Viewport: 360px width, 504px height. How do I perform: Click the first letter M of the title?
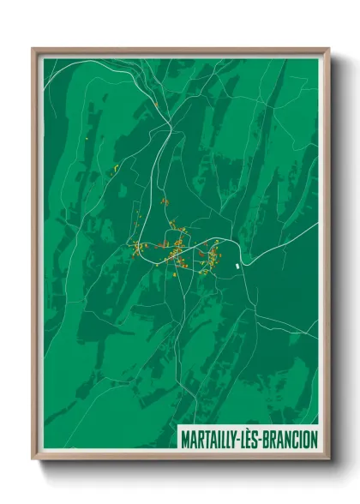(185, 439)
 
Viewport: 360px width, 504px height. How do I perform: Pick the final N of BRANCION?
(315, 439)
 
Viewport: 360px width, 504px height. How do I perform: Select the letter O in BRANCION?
(307, 439)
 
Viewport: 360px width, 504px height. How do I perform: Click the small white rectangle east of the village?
(237, 265)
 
